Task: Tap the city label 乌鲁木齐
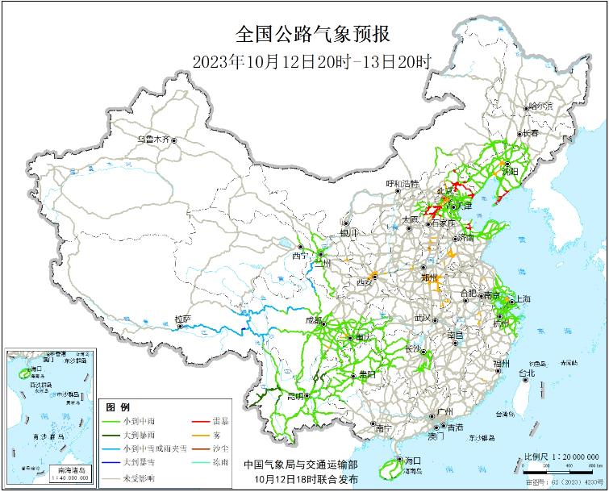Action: (152, 139)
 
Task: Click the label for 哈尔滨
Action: (540, 106)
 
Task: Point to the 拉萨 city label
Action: (182, 319)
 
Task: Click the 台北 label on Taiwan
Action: (526, 373)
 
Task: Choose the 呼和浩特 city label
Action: (403, 184)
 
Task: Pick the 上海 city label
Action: (520, 299)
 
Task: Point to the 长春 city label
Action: (529, 133)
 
